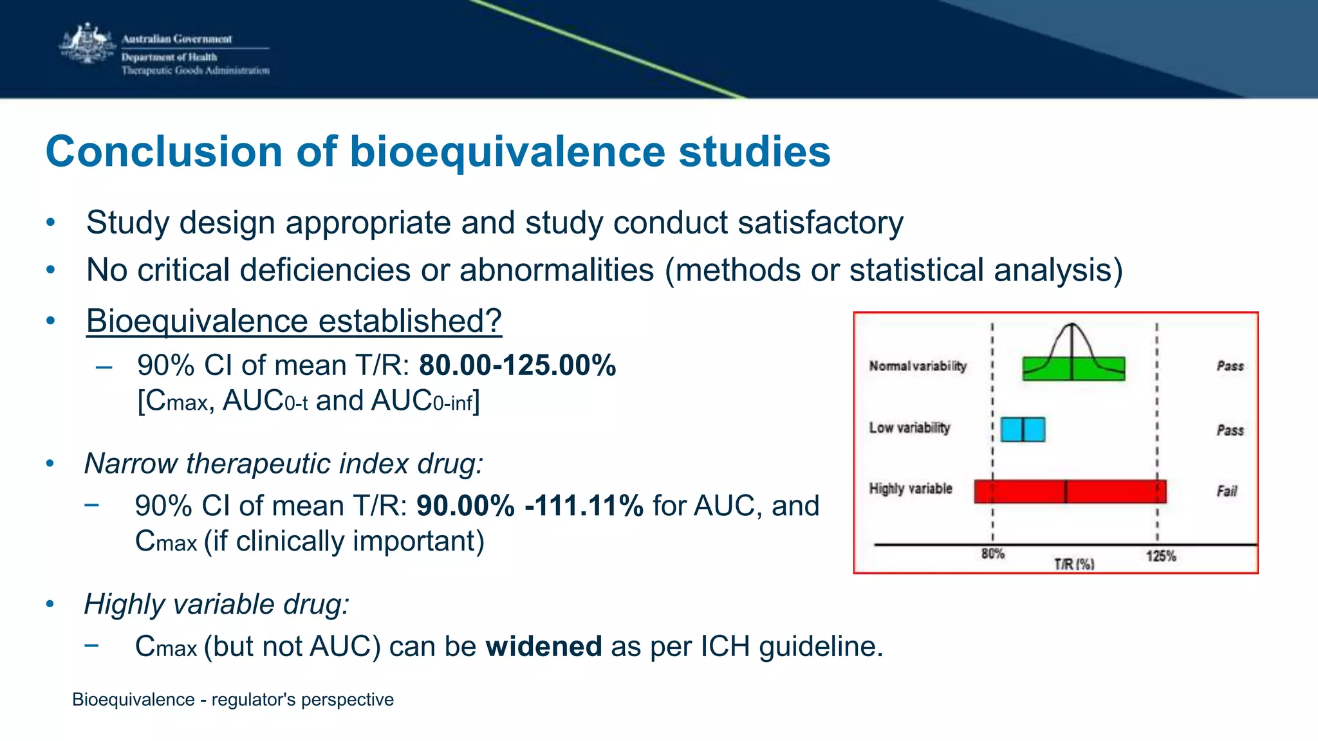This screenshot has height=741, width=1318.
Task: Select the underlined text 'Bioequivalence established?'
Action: coord(293,320)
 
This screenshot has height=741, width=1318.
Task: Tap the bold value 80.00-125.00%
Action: coord(517,365)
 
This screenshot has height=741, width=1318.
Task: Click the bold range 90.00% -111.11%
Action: coord(530,506)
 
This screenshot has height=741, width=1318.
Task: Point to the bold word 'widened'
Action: coord(544,646)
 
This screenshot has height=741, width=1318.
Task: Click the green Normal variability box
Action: coord(1073,369)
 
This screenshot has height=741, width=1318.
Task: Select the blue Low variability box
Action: coord(1023,429)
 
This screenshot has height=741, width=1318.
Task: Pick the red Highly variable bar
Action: coord(1070,491)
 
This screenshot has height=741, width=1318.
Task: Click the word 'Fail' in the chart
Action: coord(1227,491)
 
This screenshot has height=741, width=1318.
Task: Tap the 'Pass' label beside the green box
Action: coord(1230,366)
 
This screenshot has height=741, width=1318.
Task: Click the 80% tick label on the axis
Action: coord(992,554)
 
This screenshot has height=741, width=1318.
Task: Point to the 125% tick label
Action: coord(1160,556)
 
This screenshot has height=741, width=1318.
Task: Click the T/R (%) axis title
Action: coord(1073,564)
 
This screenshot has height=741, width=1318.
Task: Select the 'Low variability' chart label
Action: coord(909,428)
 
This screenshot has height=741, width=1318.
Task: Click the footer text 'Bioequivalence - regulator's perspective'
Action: coord(232,699)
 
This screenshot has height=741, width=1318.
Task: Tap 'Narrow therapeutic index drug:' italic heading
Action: coord(284,464)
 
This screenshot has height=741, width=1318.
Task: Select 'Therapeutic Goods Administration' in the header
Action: coord(195,71)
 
